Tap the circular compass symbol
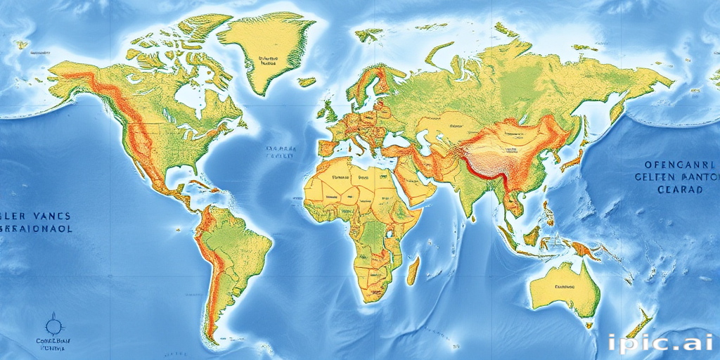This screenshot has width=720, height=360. click(51, 325)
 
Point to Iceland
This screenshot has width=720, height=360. click(307, 82)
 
